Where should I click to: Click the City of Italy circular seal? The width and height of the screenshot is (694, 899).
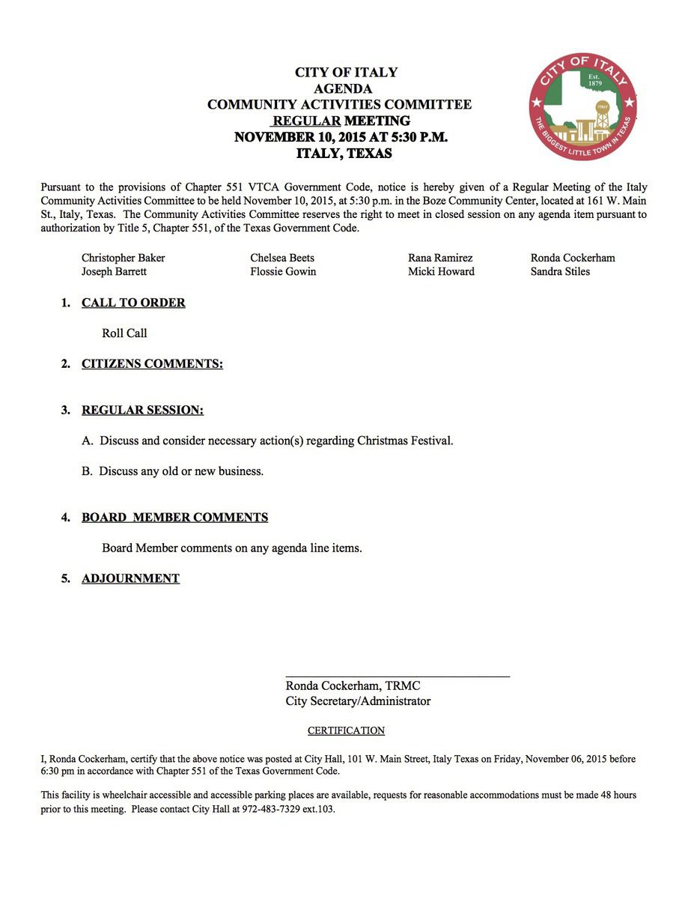pos(582,106)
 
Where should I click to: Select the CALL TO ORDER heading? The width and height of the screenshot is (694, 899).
pos(133,303)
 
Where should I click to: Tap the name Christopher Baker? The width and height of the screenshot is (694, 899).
pos(123,258)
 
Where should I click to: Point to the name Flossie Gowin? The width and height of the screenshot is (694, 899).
pos(283,271)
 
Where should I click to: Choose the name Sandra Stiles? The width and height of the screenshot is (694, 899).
pos(560,271)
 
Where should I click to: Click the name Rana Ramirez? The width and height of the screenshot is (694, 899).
pos(440,258)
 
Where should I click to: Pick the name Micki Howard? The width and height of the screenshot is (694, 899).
pos(441,271)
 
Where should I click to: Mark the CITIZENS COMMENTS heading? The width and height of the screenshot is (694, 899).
pos(152,364)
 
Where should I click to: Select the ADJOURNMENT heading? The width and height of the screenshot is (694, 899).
pos(130,578)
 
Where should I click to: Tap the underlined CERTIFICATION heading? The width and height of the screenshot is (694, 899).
pos(346,730)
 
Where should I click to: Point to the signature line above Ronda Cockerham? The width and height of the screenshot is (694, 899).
pos(398,676)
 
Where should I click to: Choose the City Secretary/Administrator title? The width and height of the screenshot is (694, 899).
pos(358,701)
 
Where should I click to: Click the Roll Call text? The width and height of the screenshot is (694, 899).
pos(124,333)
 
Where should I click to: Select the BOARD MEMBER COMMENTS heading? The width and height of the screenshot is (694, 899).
pos(174,518)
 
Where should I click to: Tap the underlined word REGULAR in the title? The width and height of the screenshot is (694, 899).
pos(307,121)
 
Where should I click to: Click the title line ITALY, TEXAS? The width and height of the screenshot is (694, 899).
pos(344,154)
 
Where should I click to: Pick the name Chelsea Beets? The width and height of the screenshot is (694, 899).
pos(282,258)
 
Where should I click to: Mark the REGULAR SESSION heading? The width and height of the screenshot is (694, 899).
pos(142,410)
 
